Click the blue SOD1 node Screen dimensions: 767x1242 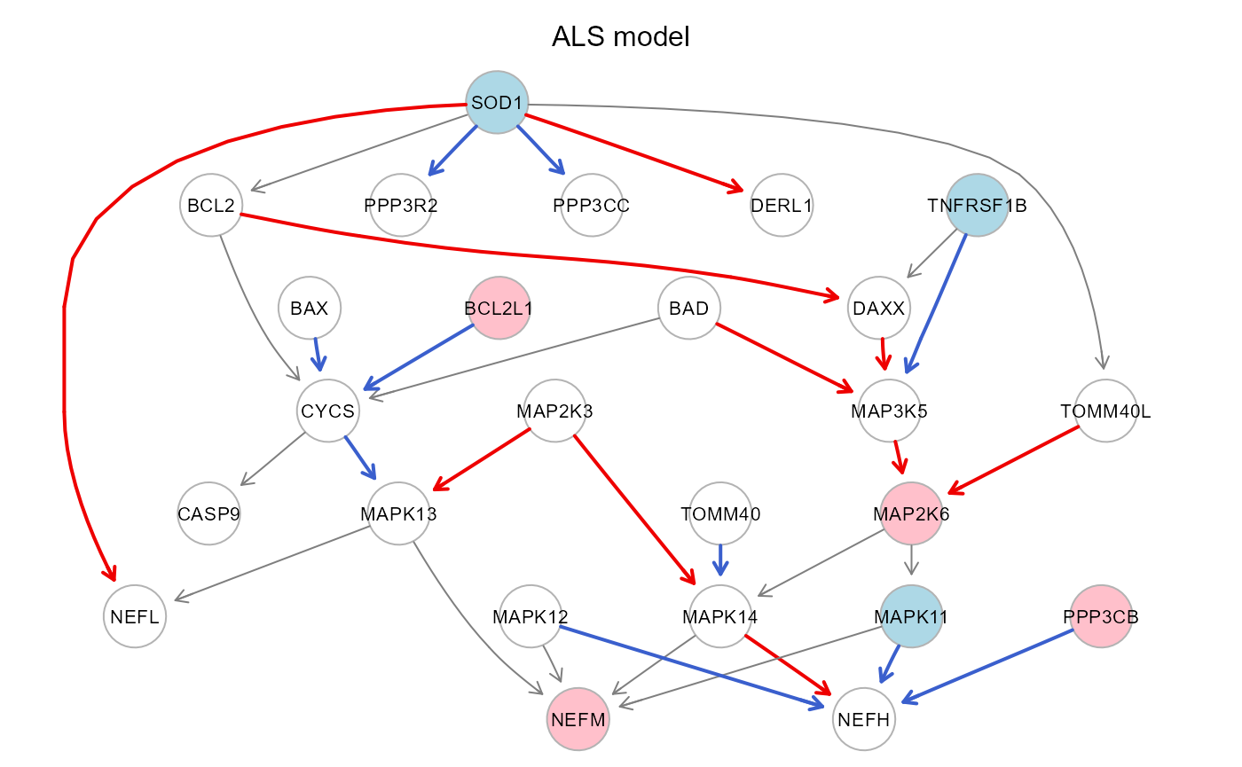[498, 103]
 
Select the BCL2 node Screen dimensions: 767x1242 [210, 207]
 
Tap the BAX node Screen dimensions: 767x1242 [310, 309]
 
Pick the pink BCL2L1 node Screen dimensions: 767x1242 [499, 309]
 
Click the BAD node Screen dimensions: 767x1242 [689, 309]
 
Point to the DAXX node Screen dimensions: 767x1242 [879, 309]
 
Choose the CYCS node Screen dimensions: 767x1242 [328, 411]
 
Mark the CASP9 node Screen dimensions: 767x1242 [208, 514]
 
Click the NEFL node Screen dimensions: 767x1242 [135, 617]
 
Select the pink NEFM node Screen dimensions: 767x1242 [578, 719]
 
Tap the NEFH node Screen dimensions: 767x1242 [864, 719]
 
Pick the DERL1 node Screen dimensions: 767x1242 [782, 207]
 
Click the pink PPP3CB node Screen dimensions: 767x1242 [1101, 617]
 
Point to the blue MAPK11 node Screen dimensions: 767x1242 [911, 617]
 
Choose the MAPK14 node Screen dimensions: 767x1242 [720, 617]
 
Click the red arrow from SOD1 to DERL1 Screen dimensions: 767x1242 [634, 153]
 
